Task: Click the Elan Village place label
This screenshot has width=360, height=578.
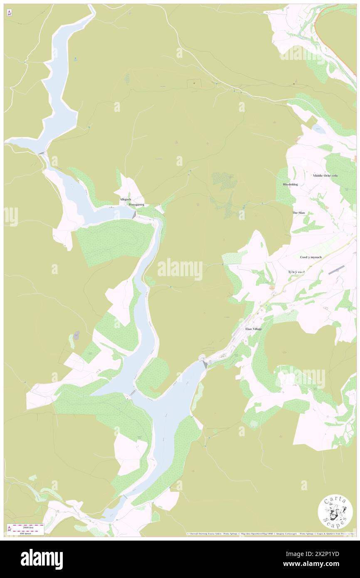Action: point(253,329)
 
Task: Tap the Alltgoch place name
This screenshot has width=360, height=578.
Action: point(125,200)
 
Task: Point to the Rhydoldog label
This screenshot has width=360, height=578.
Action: point(290,184)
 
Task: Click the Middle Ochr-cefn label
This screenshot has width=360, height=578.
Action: point(325,175)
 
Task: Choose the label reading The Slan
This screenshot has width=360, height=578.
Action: point(298,212)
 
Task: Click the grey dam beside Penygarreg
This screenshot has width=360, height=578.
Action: point(134,215)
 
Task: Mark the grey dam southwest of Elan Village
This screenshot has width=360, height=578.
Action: point(205,364)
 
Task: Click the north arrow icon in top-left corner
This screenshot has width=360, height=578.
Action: point(9,13)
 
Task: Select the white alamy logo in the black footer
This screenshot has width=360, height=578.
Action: point(42,559)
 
